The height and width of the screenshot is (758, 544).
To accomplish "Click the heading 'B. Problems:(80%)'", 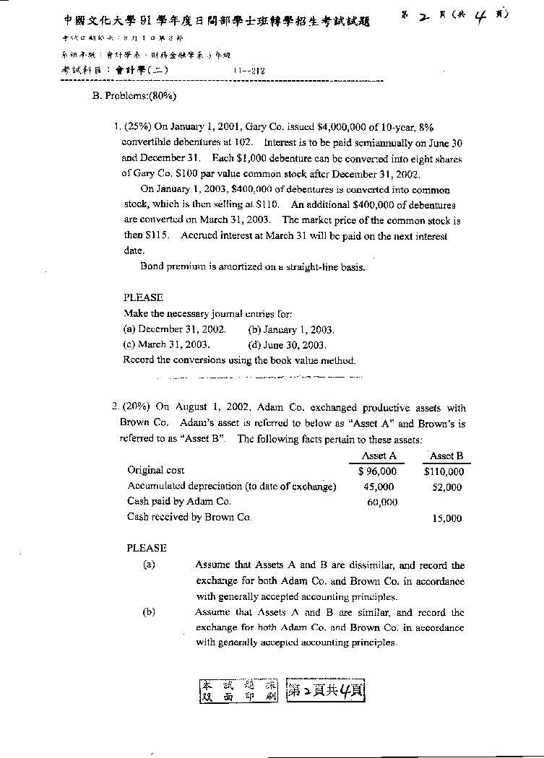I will [x=135, y=95].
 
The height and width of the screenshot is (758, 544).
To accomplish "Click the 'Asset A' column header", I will [x=379, y=456].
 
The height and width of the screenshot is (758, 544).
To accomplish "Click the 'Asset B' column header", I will [x=446, y=456].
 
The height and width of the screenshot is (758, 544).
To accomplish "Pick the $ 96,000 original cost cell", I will [x=377, y=471].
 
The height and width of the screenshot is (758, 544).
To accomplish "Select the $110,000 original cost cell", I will [x=444, y=471].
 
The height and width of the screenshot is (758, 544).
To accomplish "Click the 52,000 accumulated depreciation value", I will [x=446, y=487].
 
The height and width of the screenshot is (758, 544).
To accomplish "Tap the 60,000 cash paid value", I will [x=382, y=502].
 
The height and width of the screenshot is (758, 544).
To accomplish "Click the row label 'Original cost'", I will [x=156, y=471].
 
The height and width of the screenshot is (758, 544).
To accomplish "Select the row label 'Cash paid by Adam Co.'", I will [x=179, y=501].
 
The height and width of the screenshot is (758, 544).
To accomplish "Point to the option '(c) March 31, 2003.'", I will [x=167, y=344].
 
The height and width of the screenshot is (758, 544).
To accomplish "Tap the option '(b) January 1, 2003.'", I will [x=290, y=329].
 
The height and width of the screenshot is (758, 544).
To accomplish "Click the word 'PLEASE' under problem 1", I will [x=144, y=297].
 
